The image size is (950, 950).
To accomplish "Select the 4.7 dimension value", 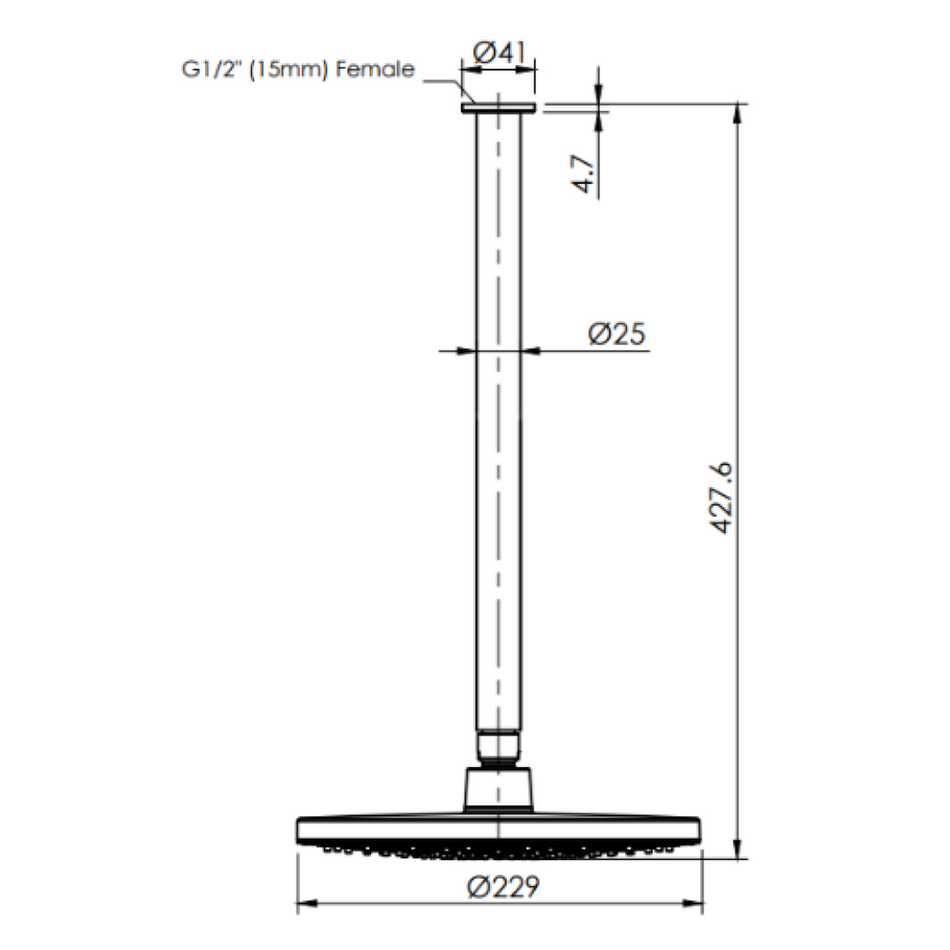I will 584,173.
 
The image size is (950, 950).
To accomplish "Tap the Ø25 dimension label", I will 617,334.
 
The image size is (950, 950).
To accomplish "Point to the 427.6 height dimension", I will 723,496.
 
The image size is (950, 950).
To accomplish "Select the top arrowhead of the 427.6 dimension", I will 738,113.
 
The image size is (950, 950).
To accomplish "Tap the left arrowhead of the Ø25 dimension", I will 467,351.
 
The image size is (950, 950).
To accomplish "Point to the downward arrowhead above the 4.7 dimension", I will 598,97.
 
